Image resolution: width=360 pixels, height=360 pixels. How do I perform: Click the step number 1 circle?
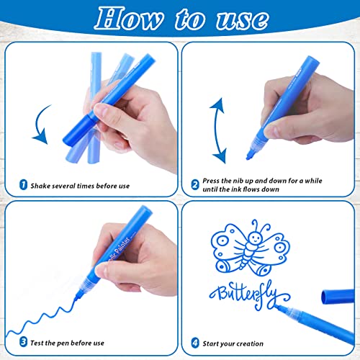[21, 186]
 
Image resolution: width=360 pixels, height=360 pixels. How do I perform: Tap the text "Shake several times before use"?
[80, 186]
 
